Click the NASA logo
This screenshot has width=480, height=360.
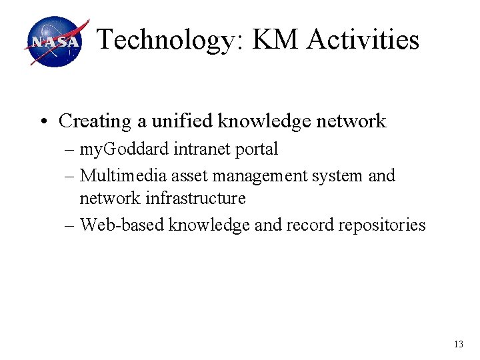click(x=56, y=41)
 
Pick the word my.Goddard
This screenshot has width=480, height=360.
click(x=125, y=150)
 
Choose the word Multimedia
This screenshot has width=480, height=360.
click(x=123, y=176)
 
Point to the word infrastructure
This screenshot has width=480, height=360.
click(x=203, y=199)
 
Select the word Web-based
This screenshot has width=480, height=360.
click(x=122, y=225)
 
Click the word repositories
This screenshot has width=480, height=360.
click(x=381, y=225)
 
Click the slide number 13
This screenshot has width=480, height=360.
click(x=457, y=345)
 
